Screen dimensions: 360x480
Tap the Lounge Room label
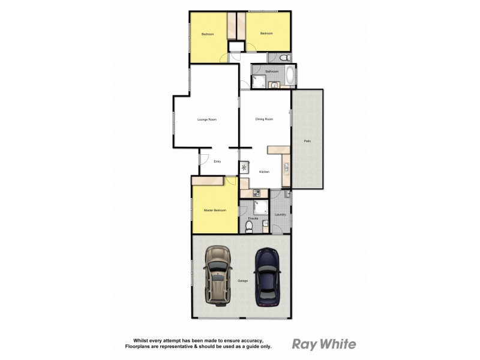click(206, 120)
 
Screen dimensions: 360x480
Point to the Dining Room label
click(264, 119)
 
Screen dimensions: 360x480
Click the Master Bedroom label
click(214, 210)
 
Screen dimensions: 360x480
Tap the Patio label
click(307, 141)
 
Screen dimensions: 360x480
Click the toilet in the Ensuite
click(249, 226)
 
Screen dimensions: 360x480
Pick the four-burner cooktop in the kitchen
click(256, 193)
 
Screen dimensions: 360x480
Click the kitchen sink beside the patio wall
click(286, 167)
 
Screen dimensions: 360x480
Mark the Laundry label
click(279, 214)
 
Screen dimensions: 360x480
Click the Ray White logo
click(323, 344)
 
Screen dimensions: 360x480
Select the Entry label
click(217, 161)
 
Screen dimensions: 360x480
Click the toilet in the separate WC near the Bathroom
click(285, 58)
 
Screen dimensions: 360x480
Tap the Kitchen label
click(264, 172)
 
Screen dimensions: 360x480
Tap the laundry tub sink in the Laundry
click(287, 194)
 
